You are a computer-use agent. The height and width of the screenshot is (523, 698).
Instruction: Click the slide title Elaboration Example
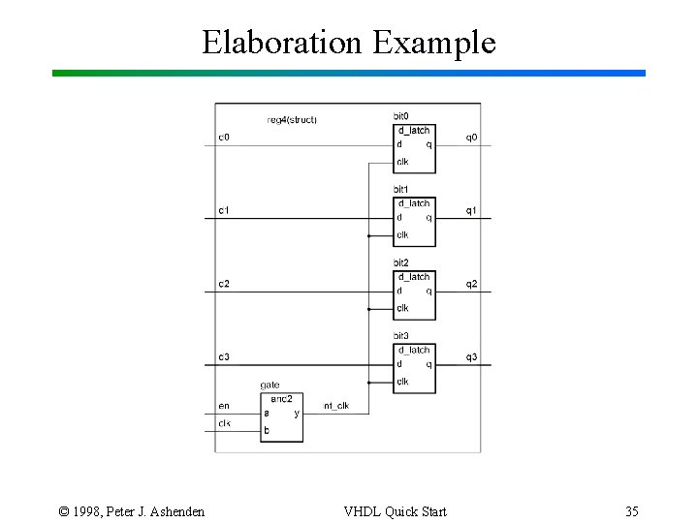point(348,42)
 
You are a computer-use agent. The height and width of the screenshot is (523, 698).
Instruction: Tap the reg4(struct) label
point(292,120)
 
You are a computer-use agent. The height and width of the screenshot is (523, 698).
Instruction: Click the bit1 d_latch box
point(414,222)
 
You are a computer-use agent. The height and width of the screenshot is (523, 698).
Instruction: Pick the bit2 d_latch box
point(414,295)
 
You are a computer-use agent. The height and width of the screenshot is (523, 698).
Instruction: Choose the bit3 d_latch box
point(414,368)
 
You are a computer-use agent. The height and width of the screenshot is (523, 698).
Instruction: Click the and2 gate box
point(281,417)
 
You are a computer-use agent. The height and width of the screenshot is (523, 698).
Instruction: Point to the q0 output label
point(471,138)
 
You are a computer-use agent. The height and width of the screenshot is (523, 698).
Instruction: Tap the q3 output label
point(471,357)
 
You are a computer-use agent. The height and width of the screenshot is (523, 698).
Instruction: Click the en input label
point(224,406)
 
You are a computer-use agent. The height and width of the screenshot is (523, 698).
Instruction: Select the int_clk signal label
point(336,406)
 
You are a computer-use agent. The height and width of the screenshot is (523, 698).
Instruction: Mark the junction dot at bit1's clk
point(369,236)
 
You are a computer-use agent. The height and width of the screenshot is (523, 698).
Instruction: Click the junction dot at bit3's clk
point(369,383)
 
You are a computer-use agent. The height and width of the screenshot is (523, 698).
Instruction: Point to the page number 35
point(631,510)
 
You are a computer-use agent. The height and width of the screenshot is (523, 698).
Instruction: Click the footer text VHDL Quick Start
point(395,510)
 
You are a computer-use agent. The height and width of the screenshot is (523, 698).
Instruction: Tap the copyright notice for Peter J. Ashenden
point(132,510)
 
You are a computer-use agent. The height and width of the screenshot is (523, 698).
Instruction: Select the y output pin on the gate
point(297,414)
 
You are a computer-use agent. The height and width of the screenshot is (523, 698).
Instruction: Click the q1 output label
point(471,211)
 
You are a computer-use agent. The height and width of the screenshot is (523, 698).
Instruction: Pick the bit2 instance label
point(400,263)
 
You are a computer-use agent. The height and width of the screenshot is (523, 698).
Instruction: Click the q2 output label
point(471,284)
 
